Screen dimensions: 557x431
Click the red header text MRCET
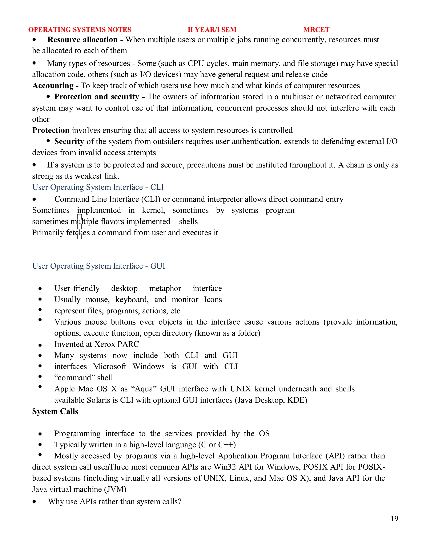point(316,30)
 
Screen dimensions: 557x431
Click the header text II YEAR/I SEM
point(212,30)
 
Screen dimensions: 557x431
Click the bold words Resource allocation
point(82,40)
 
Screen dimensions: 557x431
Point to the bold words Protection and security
point(97,97)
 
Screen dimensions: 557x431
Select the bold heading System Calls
point(55,411)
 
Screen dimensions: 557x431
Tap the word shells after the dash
point(188,221)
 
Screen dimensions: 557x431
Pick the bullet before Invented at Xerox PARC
point(40,345)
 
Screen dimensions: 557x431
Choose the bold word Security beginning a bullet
point(69,141)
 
